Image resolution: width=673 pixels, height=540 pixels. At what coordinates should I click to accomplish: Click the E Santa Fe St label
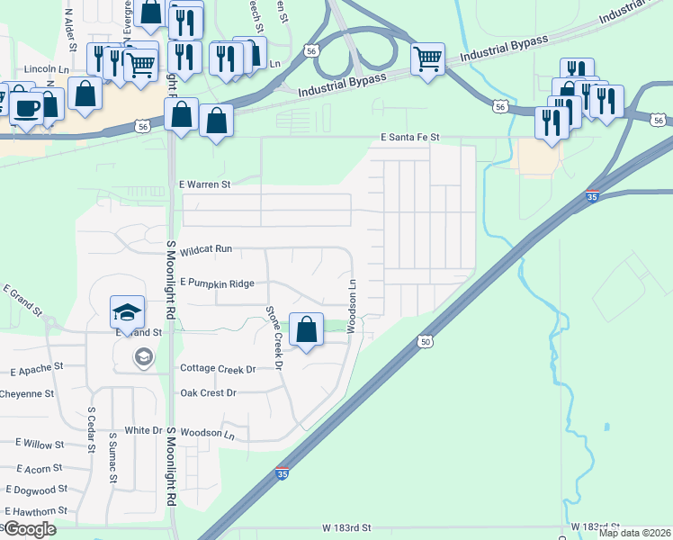tap(408, 137)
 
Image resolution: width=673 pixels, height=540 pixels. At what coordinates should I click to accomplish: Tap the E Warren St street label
tap(205, 184)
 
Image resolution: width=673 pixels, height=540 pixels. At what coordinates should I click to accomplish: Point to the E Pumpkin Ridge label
tap(217, 283)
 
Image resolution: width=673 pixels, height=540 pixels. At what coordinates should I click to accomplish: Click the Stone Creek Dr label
tap(274, 338)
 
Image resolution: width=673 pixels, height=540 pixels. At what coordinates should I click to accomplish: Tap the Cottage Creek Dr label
tap(219, 369)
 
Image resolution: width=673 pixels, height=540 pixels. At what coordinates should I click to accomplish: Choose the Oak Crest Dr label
tap(208, 393)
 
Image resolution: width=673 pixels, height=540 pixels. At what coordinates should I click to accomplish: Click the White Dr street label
tap(143, 431)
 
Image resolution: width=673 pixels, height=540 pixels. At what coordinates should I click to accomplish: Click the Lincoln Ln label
tap(47, 68)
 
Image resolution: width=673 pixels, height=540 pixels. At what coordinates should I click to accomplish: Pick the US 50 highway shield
tap(425, 341)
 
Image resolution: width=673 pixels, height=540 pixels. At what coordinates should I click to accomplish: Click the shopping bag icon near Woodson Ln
tap(307, 329)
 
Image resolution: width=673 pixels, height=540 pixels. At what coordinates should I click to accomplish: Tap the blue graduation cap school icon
tap(128, 312)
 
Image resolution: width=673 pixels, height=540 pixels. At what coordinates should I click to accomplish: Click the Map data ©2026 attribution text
tap(634, 533)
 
